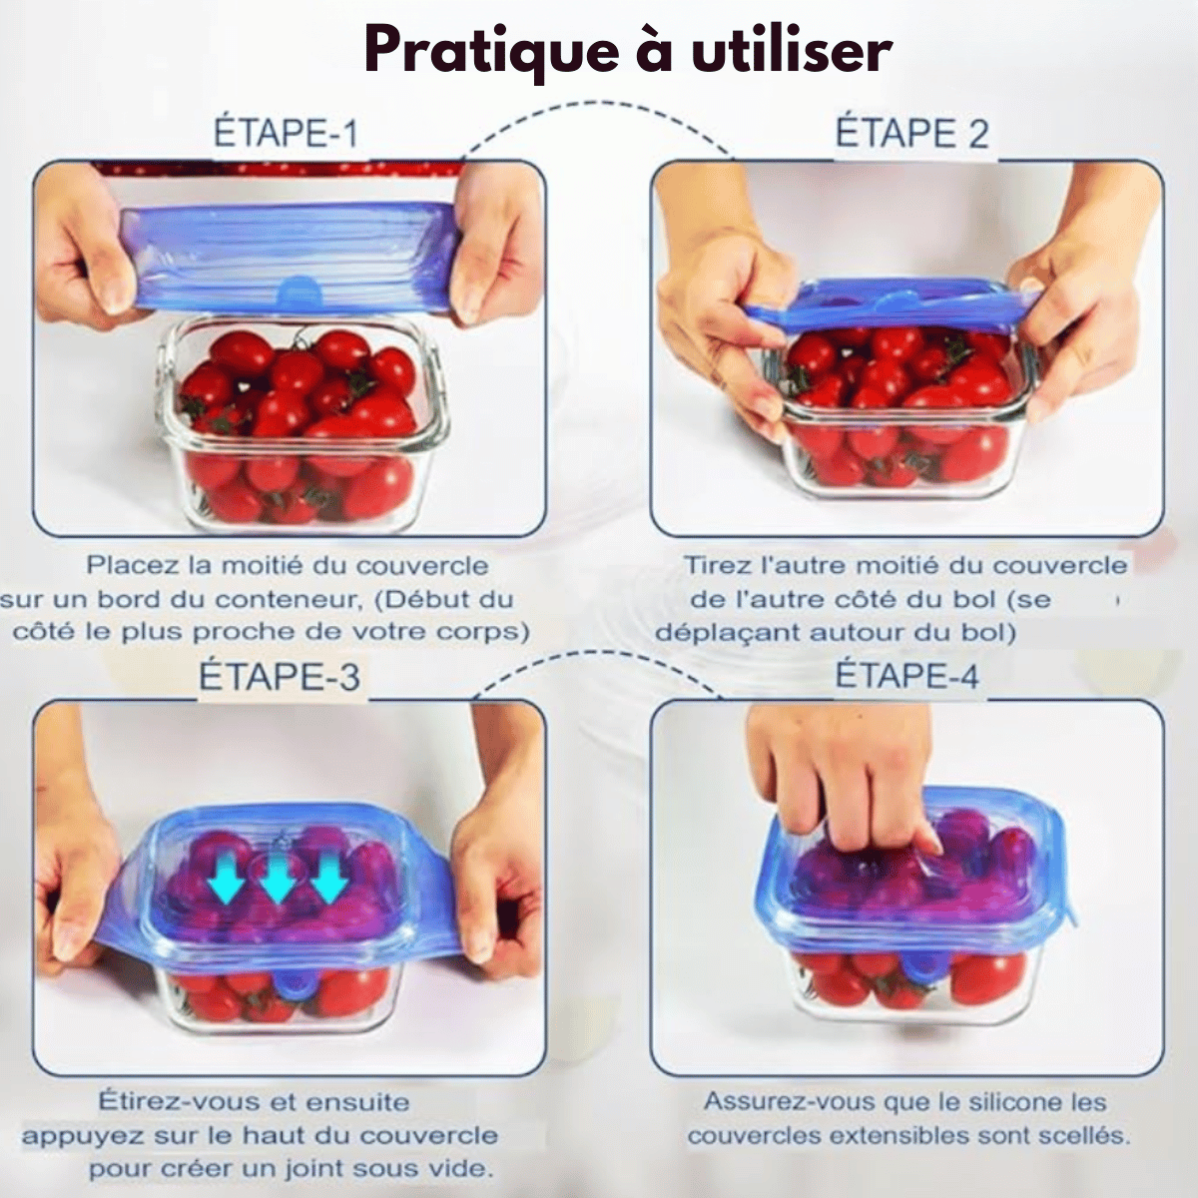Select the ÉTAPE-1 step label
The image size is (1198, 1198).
pyautogui.click(x=286, y=133)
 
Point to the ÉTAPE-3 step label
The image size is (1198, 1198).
pyautogui.click(x=280, y=676)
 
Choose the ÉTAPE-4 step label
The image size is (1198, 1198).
pyautogui.click(x=907, y=675)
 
